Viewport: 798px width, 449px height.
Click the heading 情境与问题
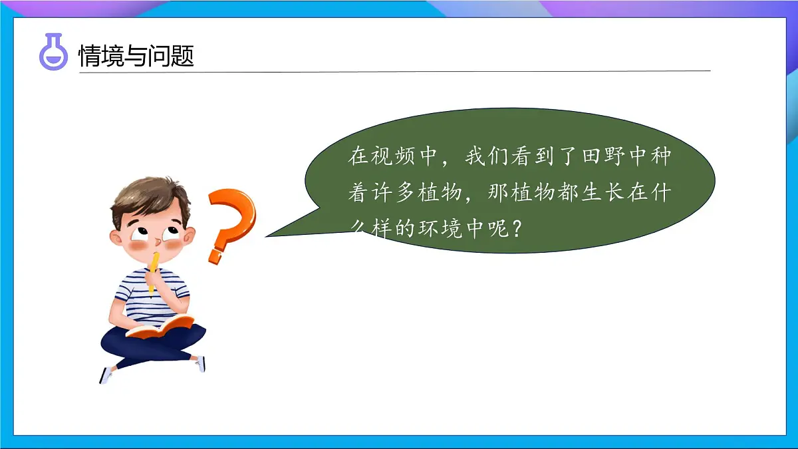point(136,56)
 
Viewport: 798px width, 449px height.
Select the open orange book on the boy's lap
point(160,327)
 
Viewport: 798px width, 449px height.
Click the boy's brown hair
point(149,197)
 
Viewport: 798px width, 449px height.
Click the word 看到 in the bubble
point(535,158)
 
